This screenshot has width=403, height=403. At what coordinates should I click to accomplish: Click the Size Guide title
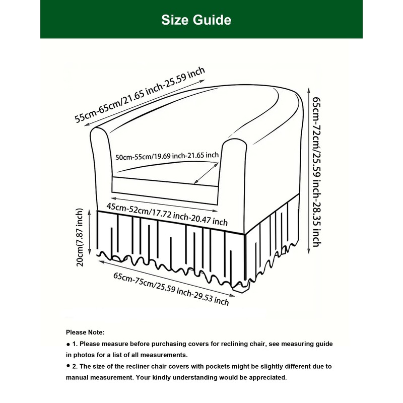point(196,20)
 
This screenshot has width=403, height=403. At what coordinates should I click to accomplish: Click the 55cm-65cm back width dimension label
point(140,94)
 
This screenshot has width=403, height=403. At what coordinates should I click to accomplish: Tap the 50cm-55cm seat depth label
point(167,156)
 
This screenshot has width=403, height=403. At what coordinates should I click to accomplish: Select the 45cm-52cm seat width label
point(167,214)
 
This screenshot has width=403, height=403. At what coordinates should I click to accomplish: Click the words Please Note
point(85,332)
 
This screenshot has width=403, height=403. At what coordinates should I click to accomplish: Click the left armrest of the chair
point(101,166)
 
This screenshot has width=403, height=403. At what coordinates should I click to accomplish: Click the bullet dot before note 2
point(68,366)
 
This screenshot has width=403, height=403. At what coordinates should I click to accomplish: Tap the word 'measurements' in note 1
point(161,355)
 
